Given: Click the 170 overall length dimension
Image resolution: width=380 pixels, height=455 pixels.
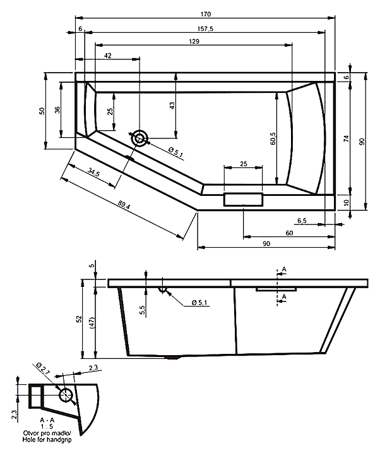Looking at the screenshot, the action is coord(205,14).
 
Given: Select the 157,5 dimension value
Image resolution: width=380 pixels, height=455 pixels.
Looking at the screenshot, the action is coord(205,28).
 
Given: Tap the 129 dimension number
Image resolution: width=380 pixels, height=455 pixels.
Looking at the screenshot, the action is coord(194,42).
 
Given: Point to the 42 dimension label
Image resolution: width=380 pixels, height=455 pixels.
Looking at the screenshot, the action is coord(107,55).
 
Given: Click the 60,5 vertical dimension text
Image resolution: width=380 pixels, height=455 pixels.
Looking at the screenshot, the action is coord(274,138).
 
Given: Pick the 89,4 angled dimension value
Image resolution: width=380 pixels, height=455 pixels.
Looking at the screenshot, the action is coord(124,205).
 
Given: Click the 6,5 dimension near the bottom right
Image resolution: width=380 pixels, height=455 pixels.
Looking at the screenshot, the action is coord(302,221).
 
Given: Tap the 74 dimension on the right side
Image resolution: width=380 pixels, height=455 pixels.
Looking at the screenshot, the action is coord(346,138).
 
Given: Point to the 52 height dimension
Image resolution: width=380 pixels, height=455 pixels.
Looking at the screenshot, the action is coord(79,319).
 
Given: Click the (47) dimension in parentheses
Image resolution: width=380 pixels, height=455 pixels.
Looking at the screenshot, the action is coord(93,322).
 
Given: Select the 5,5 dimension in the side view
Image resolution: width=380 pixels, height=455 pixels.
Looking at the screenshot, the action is coord(142,310).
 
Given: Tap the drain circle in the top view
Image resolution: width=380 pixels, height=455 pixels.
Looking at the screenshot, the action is coord(140,138).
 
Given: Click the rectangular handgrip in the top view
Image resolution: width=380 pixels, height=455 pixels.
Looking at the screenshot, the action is coord(243,199).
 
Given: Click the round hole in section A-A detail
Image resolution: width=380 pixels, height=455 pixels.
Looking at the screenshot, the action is coord(66,394).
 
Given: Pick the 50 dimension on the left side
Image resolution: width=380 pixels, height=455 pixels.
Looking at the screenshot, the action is coord(42,111).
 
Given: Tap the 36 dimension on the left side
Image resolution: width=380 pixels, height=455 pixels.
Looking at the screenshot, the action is coord(57,110).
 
